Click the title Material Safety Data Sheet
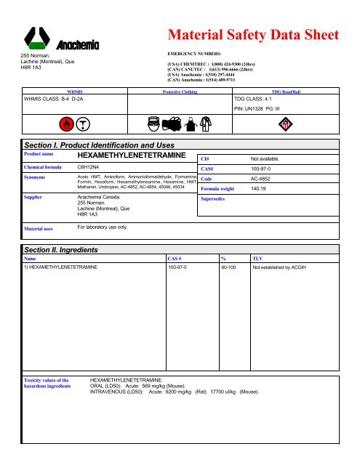coord(253,34)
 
